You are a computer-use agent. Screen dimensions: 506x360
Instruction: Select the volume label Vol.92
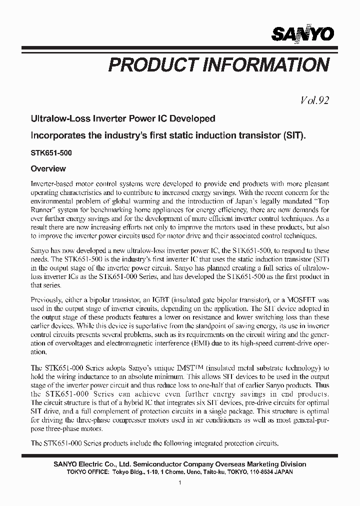pyautogui.click(x=314, y=100)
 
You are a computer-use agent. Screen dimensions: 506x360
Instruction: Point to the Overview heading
pyautogui.click(x=48, y=169)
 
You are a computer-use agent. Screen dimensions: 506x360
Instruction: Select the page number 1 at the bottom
pyautogui.click(x=179, y=482)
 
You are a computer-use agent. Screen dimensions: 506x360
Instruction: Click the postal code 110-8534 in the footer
pyautogui.click(x=255, y=471)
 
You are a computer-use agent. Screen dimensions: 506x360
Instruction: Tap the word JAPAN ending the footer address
pyautogui.click(x=282, y=471)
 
